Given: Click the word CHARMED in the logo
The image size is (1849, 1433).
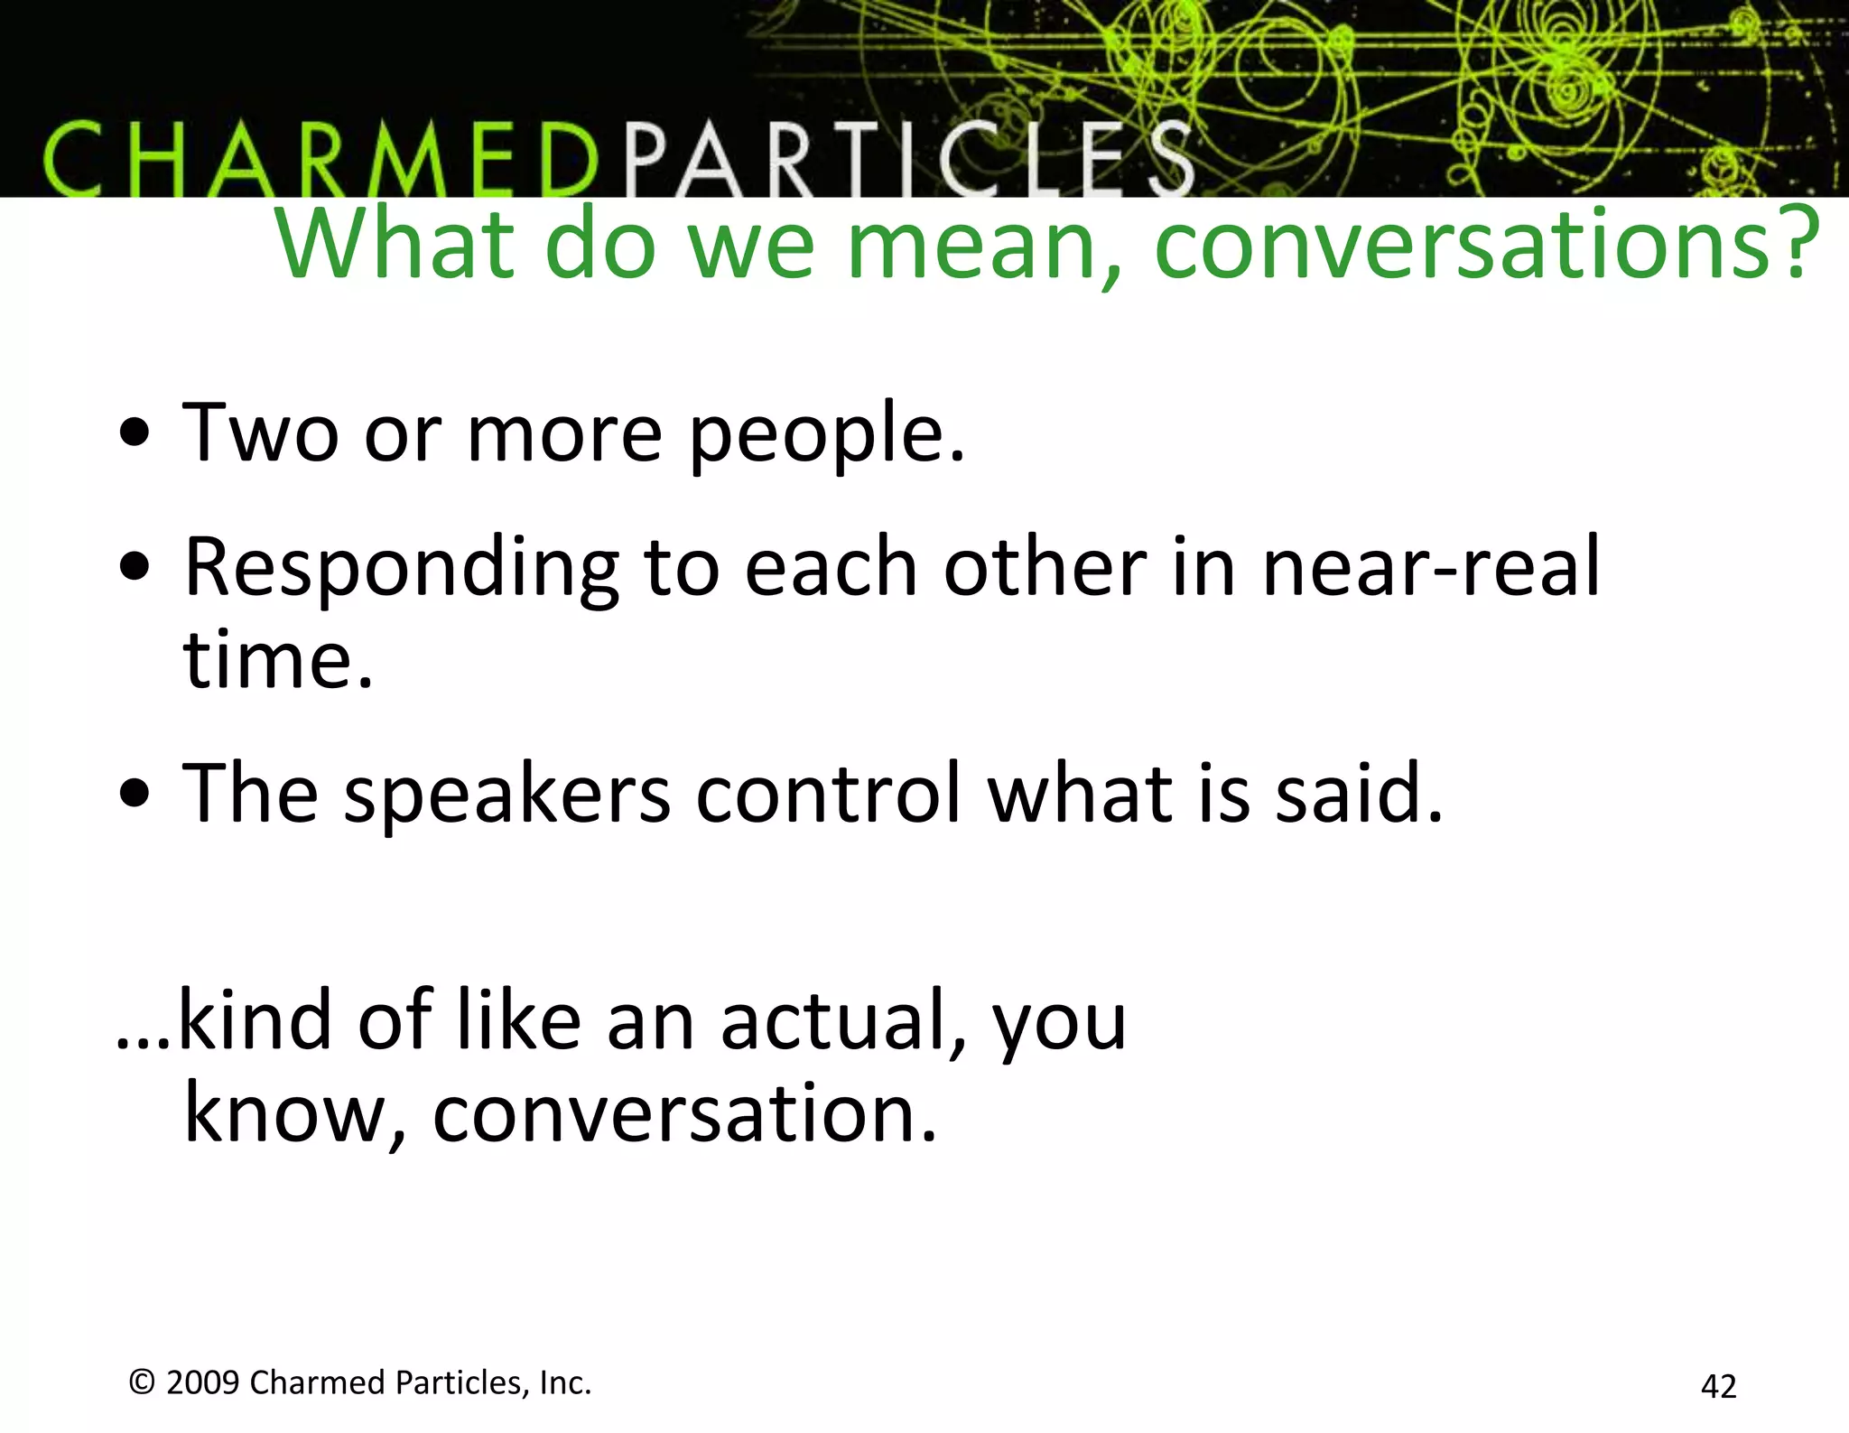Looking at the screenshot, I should coord(321,161).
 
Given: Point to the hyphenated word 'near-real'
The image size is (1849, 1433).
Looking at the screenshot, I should coord(1431,569).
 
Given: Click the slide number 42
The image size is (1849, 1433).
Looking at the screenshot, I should coord(1718,1386).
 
